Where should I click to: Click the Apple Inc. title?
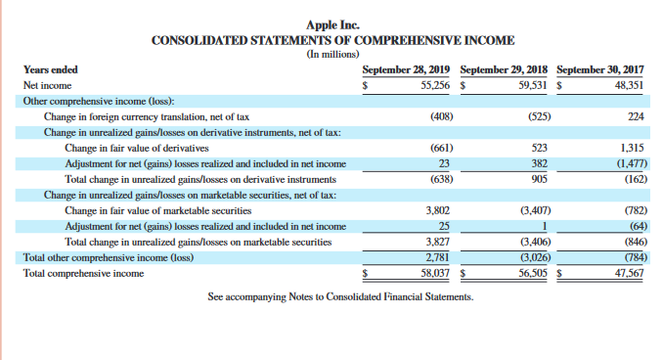(x=331, y=25)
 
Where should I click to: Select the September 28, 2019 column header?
(x=406, y=70)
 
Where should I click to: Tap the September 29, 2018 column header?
(x=504, y=70)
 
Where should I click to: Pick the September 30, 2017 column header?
(x=601, y=70)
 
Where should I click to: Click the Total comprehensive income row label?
(x=84, y=273)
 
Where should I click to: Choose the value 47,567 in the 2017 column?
(x=631, y=273)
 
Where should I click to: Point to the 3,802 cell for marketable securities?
(x=439, y=210)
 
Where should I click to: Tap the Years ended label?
(x=50, y=70)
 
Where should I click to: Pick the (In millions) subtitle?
(x=331, y=54)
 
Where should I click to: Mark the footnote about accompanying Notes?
(x=340, y=296)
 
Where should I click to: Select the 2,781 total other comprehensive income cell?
(x=439, y=257)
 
